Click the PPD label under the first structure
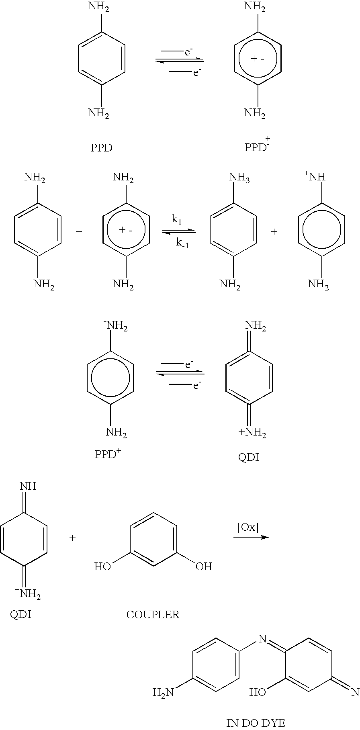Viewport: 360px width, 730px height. pyautogui.click(x=101, y=148)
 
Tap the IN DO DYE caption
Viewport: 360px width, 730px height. pyautogui.click(x=256, y=723)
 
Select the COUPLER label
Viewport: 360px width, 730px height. pyautogui.click(x=153, y=614)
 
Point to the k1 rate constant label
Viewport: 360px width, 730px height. pyautogui.click(x=177, y=219)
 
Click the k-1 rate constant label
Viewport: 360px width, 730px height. pyautogui.click(x=182, y=243)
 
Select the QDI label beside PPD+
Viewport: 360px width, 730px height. pyautogui.click(x=249, y=458)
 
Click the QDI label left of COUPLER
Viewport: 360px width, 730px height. pyautogui.click(x=20, y=614)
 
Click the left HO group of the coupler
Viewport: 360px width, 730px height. pyautogui.click(x=102, y=566)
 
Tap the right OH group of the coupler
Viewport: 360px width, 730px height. pyautogui.click(x=204, y=566)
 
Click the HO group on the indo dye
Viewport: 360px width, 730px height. pyautogui.click(x=258, y=691)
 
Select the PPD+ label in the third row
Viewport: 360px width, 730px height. pyautogui.click(x=108, y=454)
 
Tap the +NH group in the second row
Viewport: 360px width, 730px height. pyautogui.click(x=314, y=176)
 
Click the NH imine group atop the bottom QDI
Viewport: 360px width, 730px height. pyautogui.click(x=28, y=486)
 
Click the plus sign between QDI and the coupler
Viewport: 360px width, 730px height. pyautogui.click(x=73, y=538)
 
